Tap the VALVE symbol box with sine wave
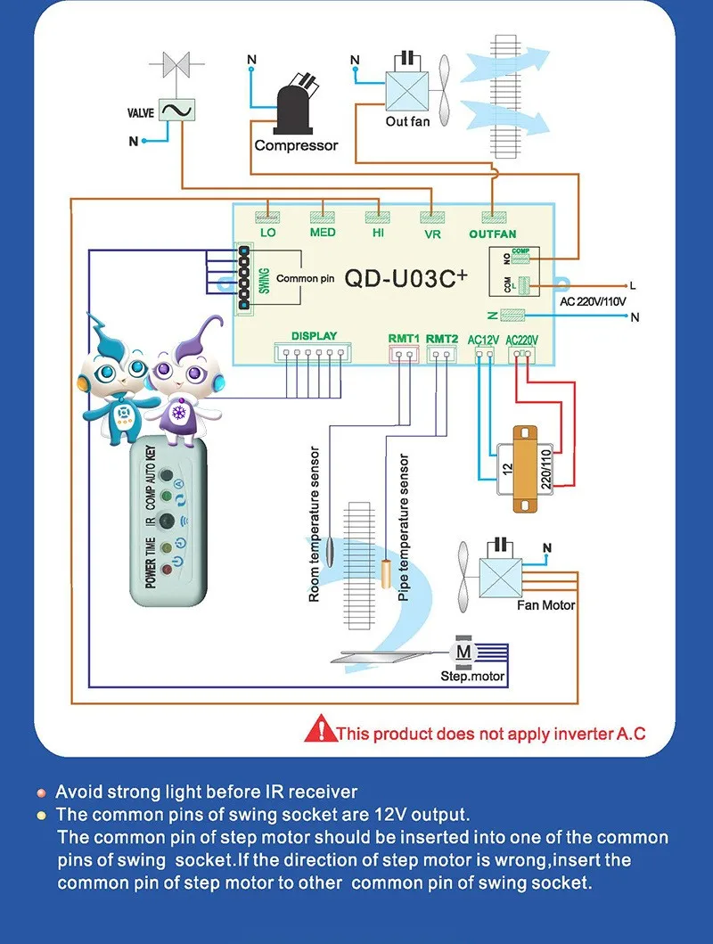pos(177,110)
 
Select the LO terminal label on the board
pos(268,234)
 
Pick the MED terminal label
pos(323,234)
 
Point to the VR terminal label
pos(432,234)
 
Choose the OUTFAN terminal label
pos(493,234)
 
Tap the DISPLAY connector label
pos(314,336)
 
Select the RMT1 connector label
pos(404,339)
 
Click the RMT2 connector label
pos(442,339)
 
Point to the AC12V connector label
pos(483,340)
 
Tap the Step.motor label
pos(472,677)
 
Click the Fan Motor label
pos(545,605)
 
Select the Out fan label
pos(407,120)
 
